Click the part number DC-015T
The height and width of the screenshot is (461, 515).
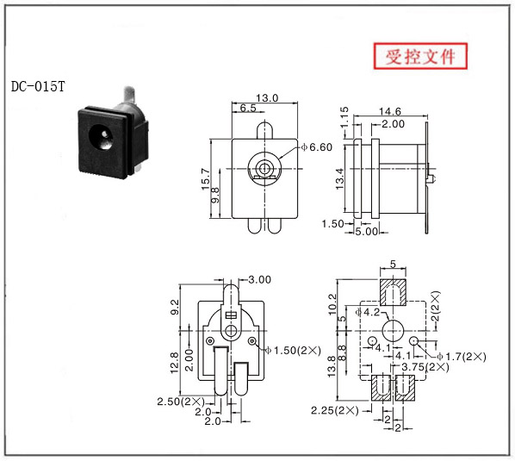(x=38, y=86)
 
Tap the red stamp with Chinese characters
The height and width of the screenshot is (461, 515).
(x=420, y=56)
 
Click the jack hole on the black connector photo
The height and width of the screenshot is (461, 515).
(x=102, y=136)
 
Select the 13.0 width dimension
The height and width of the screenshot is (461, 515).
(x=267, y=98)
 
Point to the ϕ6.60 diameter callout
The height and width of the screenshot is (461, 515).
(x=317, y=146)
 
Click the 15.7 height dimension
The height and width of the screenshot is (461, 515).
(x=206, y=179)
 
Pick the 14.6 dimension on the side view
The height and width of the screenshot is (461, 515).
(x=390, y=111)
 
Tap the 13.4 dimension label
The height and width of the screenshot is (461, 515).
(x=339, y=178)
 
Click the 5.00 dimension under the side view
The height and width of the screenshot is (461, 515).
(x=367, y=231)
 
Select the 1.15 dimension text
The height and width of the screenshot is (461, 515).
(x=344, y=117)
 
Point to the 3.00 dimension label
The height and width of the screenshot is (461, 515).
(x=259, y=280)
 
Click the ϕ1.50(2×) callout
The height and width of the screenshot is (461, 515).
(x=293, y=351)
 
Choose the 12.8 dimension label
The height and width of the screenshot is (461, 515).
(x=175, y=363)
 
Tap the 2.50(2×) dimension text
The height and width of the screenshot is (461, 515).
(x=181, y=402)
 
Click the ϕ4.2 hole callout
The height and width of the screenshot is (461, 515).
(x=368, y=312)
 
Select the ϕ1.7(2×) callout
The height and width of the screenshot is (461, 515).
(x=461, y=357)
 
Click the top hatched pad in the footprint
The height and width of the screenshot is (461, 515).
(x=394, y=292)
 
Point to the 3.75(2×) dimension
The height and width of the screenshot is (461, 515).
(x=425, y=367)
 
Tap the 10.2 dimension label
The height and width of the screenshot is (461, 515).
(x=332, y=304)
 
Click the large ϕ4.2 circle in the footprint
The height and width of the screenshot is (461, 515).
(x=393, y=331)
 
